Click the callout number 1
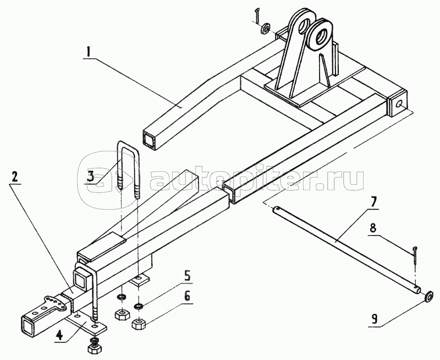pos(88,52)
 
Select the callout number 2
pos(14,176)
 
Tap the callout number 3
pos(90,176)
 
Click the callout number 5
pos(187,275)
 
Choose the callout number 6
pos(187,296)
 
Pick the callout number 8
pos(372,228)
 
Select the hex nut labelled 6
pos(138,324)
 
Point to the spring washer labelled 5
pos(138,306)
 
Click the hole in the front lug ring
pos(320,36)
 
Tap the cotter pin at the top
pos(257,15)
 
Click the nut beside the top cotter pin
pos(265,29)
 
